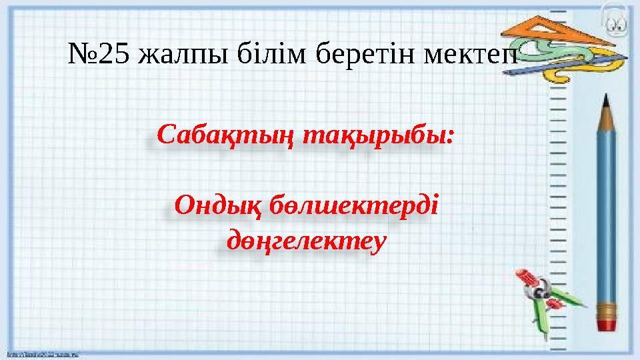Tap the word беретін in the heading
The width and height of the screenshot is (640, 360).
pos(367,55)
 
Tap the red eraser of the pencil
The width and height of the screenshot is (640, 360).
pos(607,324)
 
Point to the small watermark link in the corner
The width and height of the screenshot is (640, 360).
pos(40,355)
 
